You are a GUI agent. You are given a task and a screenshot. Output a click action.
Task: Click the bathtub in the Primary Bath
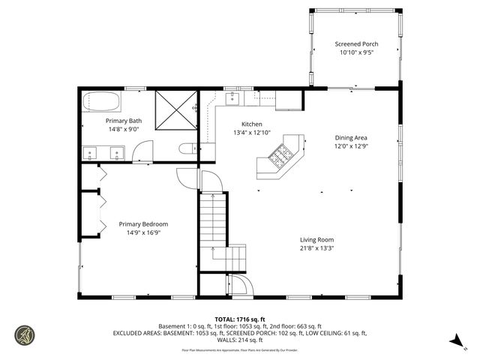pyautogui.click(x=102, y=101)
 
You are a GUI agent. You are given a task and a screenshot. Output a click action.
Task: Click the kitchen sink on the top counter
pyautogui.click(x=232, y=98)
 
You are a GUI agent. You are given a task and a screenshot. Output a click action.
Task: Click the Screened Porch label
pyautogui.click(x=356, y=44)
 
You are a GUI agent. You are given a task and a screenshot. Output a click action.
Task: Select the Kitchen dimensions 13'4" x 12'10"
pyautogui.click(x=251, y=133)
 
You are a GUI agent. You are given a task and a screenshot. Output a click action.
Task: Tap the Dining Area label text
pyautogui.click(x=350, y=138)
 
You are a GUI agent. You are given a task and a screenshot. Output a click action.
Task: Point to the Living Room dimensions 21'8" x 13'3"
pyautogui.click(x=316, y=247)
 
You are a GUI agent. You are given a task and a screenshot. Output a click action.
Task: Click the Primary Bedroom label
pyautogui.click(x=143, y=224)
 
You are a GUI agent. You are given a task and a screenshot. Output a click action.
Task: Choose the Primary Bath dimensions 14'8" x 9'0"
pyautogui.click(x=124, y=129)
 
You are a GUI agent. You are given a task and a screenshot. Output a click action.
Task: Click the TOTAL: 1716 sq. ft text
pyautogui.click(x=239, y=319)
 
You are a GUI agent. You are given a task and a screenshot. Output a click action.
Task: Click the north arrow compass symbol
pyautogui.click(x=455, y=341)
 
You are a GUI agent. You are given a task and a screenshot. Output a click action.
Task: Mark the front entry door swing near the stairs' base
pyautogui.click(x=240, y=285)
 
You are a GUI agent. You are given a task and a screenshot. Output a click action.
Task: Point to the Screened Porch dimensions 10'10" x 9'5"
pyautogui.click(x=356, y=53)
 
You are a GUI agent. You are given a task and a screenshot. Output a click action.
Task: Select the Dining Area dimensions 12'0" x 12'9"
pyautogui.click(x=350, y=147)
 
